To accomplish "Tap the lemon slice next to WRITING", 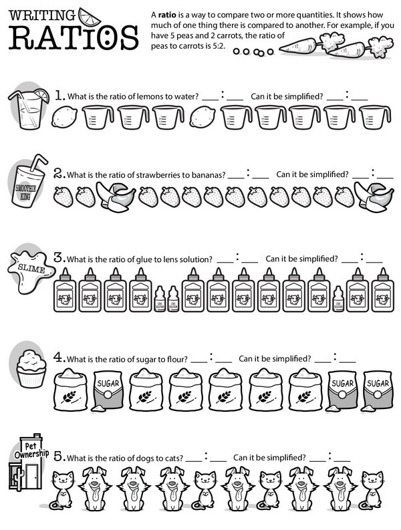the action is pyautogui.click(x=89, y=16).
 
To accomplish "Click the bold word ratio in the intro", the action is pyautogui.click(x=167, y=15).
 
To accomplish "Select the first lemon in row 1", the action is pyautogui.click(x=64, y=117).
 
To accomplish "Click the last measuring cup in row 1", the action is pyautogui.click(x=375, y=117).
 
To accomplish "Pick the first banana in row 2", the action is pyautogui.click(x=116, y=196).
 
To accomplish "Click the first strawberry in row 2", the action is pyautogui.click(x=63, y=196).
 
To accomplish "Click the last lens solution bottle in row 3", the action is pyautogui.click(x=338, y=299).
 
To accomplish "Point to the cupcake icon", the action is pyautogui.click(x=31, y=369).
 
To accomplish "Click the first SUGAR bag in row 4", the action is pyautogui.click(x=108, y=392).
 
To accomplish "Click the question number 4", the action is pyautogui.click(x=59, y=358).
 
